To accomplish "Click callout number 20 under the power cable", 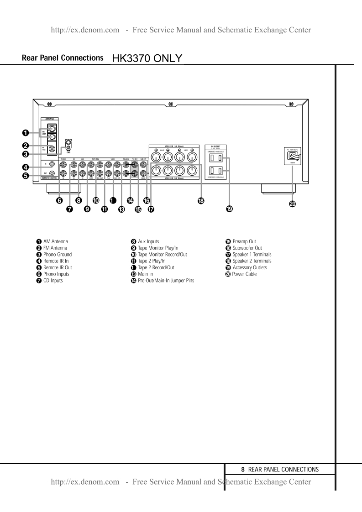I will (x=292, y=204).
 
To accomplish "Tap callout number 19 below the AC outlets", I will (x=230, y=209).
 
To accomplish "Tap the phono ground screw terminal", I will (x=68, y=147).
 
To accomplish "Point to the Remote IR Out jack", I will (x=52, y=173).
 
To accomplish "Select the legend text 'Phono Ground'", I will (x=58, y=254).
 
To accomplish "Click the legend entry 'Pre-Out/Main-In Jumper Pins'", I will (x=166, y=281).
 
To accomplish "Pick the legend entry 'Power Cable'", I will (x=244, y=274).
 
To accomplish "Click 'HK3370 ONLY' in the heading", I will (x=147, y=59).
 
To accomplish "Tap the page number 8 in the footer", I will (x=243, y=469).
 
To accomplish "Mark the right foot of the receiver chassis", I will (x=275, y=188).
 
